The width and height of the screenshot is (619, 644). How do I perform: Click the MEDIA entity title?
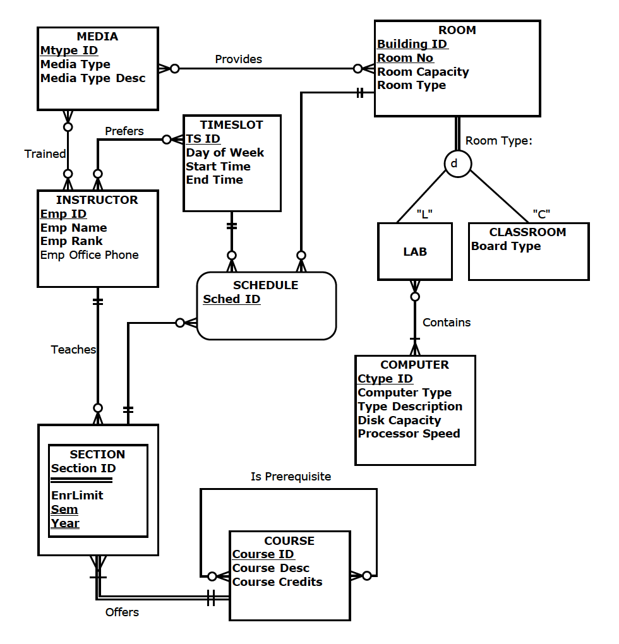pos(97,37)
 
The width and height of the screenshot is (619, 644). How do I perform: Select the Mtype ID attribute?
pos(69,51)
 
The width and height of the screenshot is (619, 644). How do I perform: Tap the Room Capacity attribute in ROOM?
pos(423,72)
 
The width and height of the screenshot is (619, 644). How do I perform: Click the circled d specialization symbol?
pos(454,164)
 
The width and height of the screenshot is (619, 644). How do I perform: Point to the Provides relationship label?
pos(238,59)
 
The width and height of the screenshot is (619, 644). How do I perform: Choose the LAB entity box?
pos(415,251)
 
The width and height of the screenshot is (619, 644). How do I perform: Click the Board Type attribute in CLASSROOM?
pos(505,246)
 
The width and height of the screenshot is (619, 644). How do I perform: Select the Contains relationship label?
pos(447,323)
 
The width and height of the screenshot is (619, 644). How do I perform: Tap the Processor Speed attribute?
pos(409,434)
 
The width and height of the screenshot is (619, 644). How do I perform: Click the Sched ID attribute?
pos(231,299)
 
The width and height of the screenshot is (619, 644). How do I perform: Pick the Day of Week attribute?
pos(225,153)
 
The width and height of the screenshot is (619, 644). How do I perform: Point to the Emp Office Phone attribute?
pos(89,255)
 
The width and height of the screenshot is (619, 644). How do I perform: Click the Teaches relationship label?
pos(73,350)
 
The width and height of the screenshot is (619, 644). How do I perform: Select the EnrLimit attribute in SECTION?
pos(77,496)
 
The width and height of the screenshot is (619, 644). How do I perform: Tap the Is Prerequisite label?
pos(291,477)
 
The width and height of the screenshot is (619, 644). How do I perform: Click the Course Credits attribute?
pos(277,582)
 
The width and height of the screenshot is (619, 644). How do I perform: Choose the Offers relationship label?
pos(122,612)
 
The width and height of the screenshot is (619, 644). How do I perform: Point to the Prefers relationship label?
pos(124,131)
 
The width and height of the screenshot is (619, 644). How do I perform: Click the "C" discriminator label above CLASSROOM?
pos(541,214)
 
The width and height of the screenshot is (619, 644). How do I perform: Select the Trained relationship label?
pos(45,154)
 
